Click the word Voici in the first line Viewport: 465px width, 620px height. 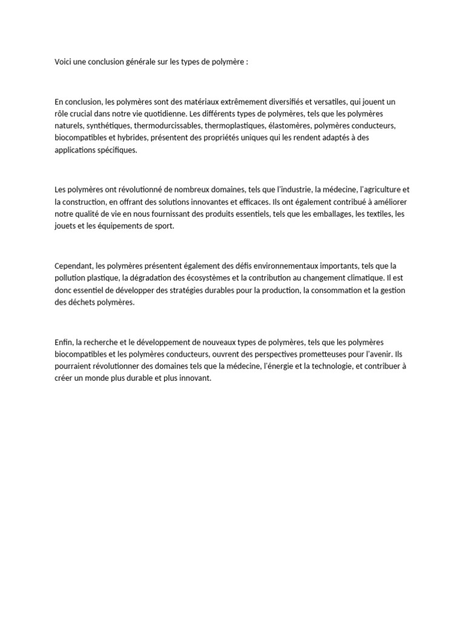[63, 62]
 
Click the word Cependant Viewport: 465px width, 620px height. [73, 266]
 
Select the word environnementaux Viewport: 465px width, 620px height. [269, 266]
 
